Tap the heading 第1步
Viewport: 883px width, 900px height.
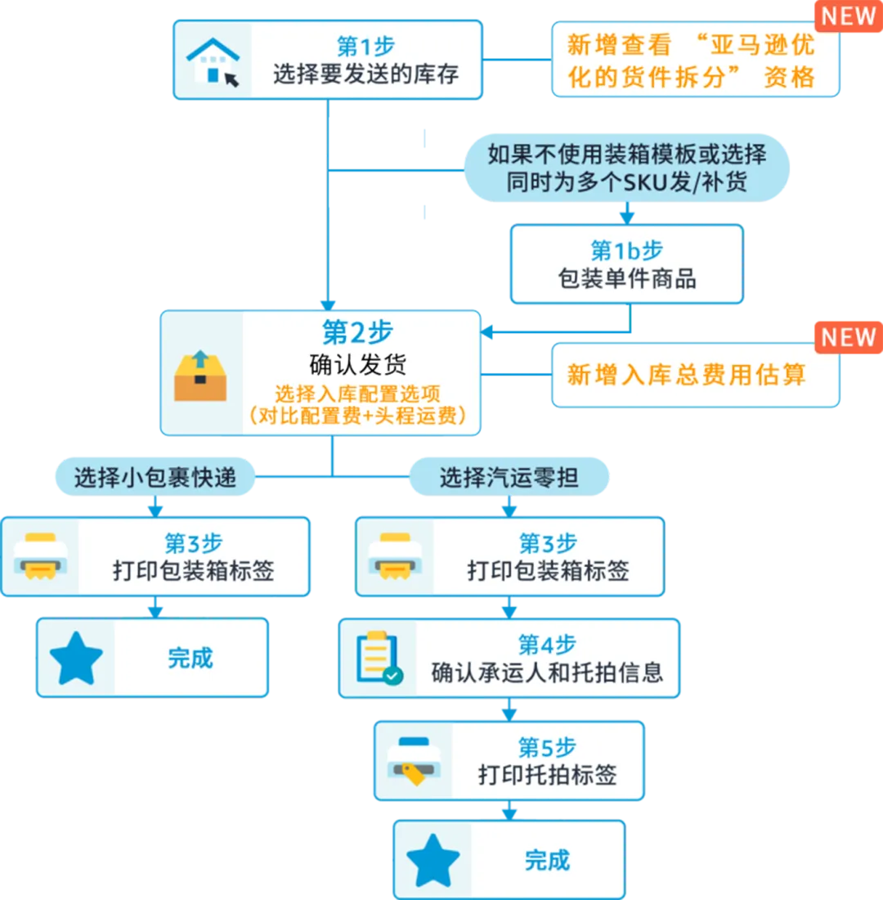tap(365, 46)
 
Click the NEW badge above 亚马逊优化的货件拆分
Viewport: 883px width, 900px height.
tap(848, 16)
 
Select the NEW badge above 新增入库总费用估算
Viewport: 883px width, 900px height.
tap(848, 337)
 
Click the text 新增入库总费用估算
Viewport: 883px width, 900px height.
tap(687, 375)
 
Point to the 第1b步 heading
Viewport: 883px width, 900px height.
tap(626, 250)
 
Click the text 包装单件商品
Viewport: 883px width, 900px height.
tap(626, 278)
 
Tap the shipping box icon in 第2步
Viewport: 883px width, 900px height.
tap(200, 376)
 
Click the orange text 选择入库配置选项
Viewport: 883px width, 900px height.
tap(356, 393)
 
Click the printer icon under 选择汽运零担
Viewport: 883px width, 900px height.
tap(394, 556)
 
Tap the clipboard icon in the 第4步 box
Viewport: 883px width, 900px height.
tap(379, 658)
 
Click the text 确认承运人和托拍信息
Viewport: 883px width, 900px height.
tap(547, 673)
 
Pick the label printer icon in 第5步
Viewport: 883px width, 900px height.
tap(415, 761)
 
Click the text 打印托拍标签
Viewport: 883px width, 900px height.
tap(547, 774)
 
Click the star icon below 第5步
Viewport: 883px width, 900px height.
tap(433, 861)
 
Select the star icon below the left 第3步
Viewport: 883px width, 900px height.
tap(76, 658)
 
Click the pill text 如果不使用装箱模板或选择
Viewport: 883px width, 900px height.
tap(626, 154)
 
